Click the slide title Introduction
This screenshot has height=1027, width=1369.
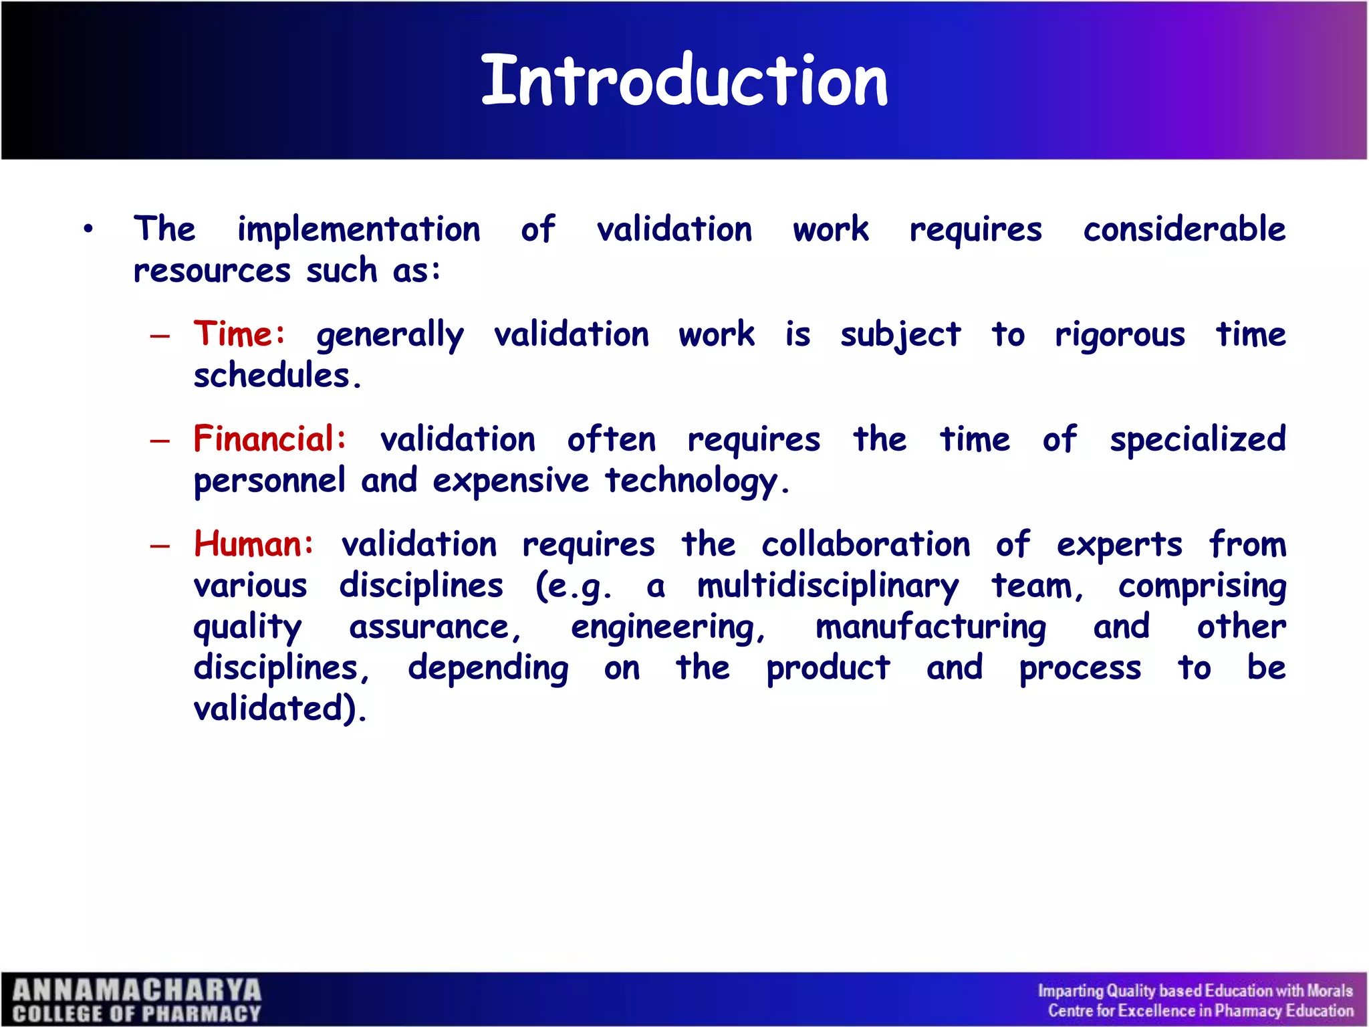coord(684,82)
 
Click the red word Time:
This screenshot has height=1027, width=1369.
coord(239,334)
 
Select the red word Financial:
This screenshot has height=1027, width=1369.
coord(270,439)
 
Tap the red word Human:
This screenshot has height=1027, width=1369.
coord(253,544)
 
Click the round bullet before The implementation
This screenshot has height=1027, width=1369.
coord(88,230)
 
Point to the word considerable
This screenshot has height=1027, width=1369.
coord(1184,229)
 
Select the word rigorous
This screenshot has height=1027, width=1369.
coord(1120,334)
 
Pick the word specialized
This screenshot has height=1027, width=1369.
coord(1197,440)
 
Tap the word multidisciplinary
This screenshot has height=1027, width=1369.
coord(828,586)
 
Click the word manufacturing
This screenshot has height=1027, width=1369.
coord(930,628)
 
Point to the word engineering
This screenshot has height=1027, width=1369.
coord(667,628)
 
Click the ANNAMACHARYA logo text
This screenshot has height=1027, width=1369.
coord(137,990)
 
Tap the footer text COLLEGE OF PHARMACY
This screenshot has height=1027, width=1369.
coord(137,1014)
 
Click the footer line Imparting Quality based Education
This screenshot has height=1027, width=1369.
coord(1195,990)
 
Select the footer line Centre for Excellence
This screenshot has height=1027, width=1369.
coord(1200,1011)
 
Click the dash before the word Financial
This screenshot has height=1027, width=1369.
coord(160,441)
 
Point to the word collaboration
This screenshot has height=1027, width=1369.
coord(866,544)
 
